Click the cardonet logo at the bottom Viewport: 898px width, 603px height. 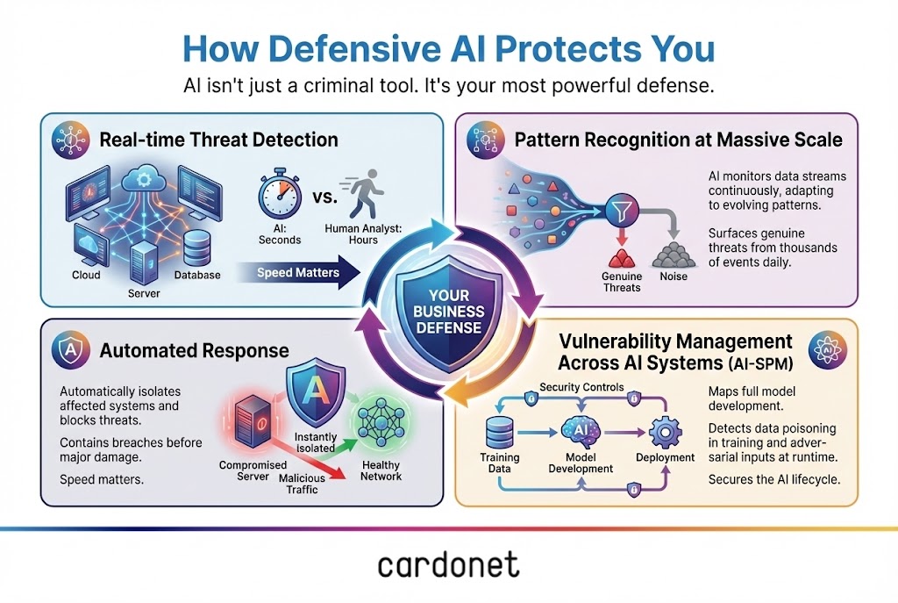click(x=448, y=564)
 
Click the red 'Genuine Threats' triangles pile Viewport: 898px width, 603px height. click(x=621, y=258)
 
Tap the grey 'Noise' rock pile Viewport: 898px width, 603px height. click(x=672, y=255)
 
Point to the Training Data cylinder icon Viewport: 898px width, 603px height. click(x=499, y=429)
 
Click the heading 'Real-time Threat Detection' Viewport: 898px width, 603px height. click(x=218, y=140)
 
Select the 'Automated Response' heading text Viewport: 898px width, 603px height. click(x=194, y=351)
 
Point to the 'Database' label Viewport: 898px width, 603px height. click(x=197, y=276)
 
